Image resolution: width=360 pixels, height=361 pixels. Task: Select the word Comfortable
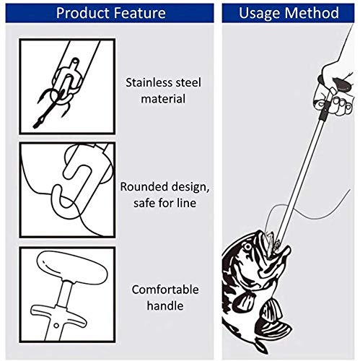165,290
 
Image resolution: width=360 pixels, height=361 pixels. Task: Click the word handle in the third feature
165,305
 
